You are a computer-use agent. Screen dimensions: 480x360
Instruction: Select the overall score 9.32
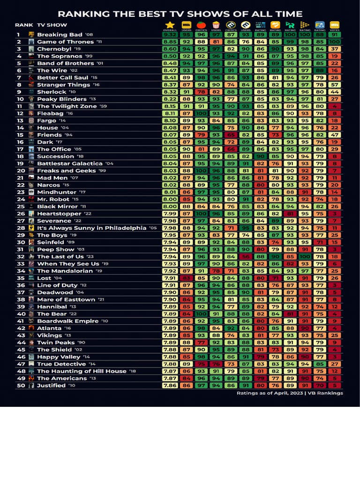coord(170,35)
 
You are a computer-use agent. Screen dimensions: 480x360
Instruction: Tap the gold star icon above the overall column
coord(170,25)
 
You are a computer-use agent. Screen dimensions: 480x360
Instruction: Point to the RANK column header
coord(24,25)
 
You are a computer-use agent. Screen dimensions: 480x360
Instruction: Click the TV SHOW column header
coord(52,25)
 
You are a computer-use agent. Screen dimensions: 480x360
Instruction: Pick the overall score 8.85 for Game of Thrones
coord(170,42)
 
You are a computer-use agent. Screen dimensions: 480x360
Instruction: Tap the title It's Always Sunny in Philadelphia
coord(91,228)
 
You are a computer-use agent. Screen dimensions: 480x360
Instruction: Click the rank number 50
coord(21,385)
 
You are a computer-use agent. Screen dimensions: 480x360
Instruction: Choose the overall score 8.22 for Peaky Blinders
coord(170,99)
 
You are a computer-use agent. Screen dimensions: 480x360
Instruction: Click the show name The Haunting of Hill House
coord(82,371)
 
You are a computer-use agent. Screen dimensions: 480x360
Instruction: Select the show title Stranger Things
coord(63,85)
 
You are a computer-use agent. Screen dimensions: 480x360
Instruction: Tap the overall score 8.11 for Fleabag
coord(170,113)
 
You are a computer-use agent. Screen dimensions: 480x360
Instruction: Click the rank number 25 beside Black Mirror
coord(21,206)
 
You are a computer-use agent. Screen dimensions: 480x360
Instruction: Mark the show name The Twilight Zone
coord(67,106)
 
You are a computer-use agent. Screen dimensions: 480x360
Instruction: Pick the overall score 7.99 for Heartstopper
coord(170,214)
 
